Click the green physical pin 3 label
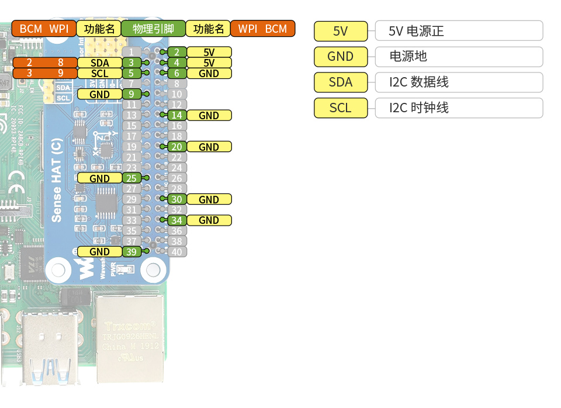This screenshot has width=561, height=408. (x=131, y=63)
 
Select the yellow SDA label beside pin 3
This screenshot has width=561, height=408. (x=99, y=63)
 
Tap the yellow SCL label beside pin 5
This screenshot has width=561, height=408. (x=99, y=73)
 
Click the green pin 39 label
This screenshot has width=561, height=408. (x=131, y=251)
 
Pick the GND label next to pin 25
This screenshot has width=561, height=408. (x=99, y=178)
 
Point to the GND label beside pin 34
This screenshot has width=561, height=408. (x=209, y=220)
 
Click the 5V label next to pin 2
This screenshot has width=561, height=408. (x=209, y=52)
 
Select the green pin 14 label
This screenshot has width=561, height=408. (x=176, y=115)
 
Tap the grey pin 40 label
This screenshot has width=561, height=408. (x=176, y=252)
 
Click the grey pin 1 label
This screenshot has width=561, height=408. (x=131, y=53)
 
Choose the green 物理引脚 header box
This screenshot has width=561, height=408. (x=154, y=29)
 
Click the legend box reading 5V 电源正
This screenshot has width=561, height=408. (x=458, y=30)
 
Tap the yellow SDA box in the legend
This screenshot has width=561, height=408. (x=341, y=82)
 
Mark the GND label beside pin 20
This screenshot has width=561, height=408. (x=209, y=147)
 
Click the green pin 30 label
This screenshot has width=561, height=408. (x=176, y=199)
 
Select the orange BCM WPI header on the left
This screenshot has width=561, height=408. (x=44, y=29)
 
